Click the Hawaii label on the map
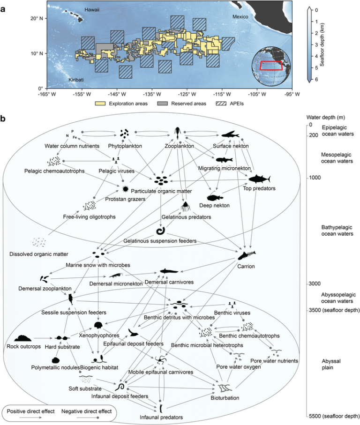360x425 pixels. [x=94, y=9]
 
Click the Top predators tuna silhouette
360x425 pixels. [x=259, y=179]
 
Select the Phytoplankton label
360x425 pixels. [x=125, y=146]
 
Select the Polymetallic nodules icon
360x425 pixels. [x=57, y=361]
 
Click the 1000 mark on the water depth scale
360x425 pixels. [x=313, y=178]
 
